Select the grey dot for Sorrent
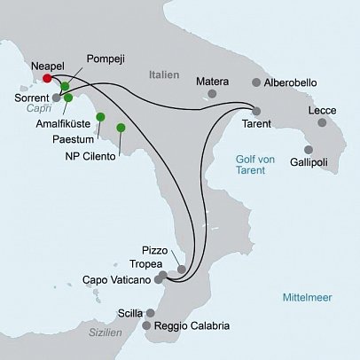pos(56,98)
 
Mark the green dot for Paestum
pos(101,116)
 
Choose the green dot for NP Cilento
pos(121,128)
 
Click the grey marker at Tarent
pos(256,111)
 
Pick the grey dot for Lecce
pos(321,122)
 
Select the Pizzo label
pos(153,249)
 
